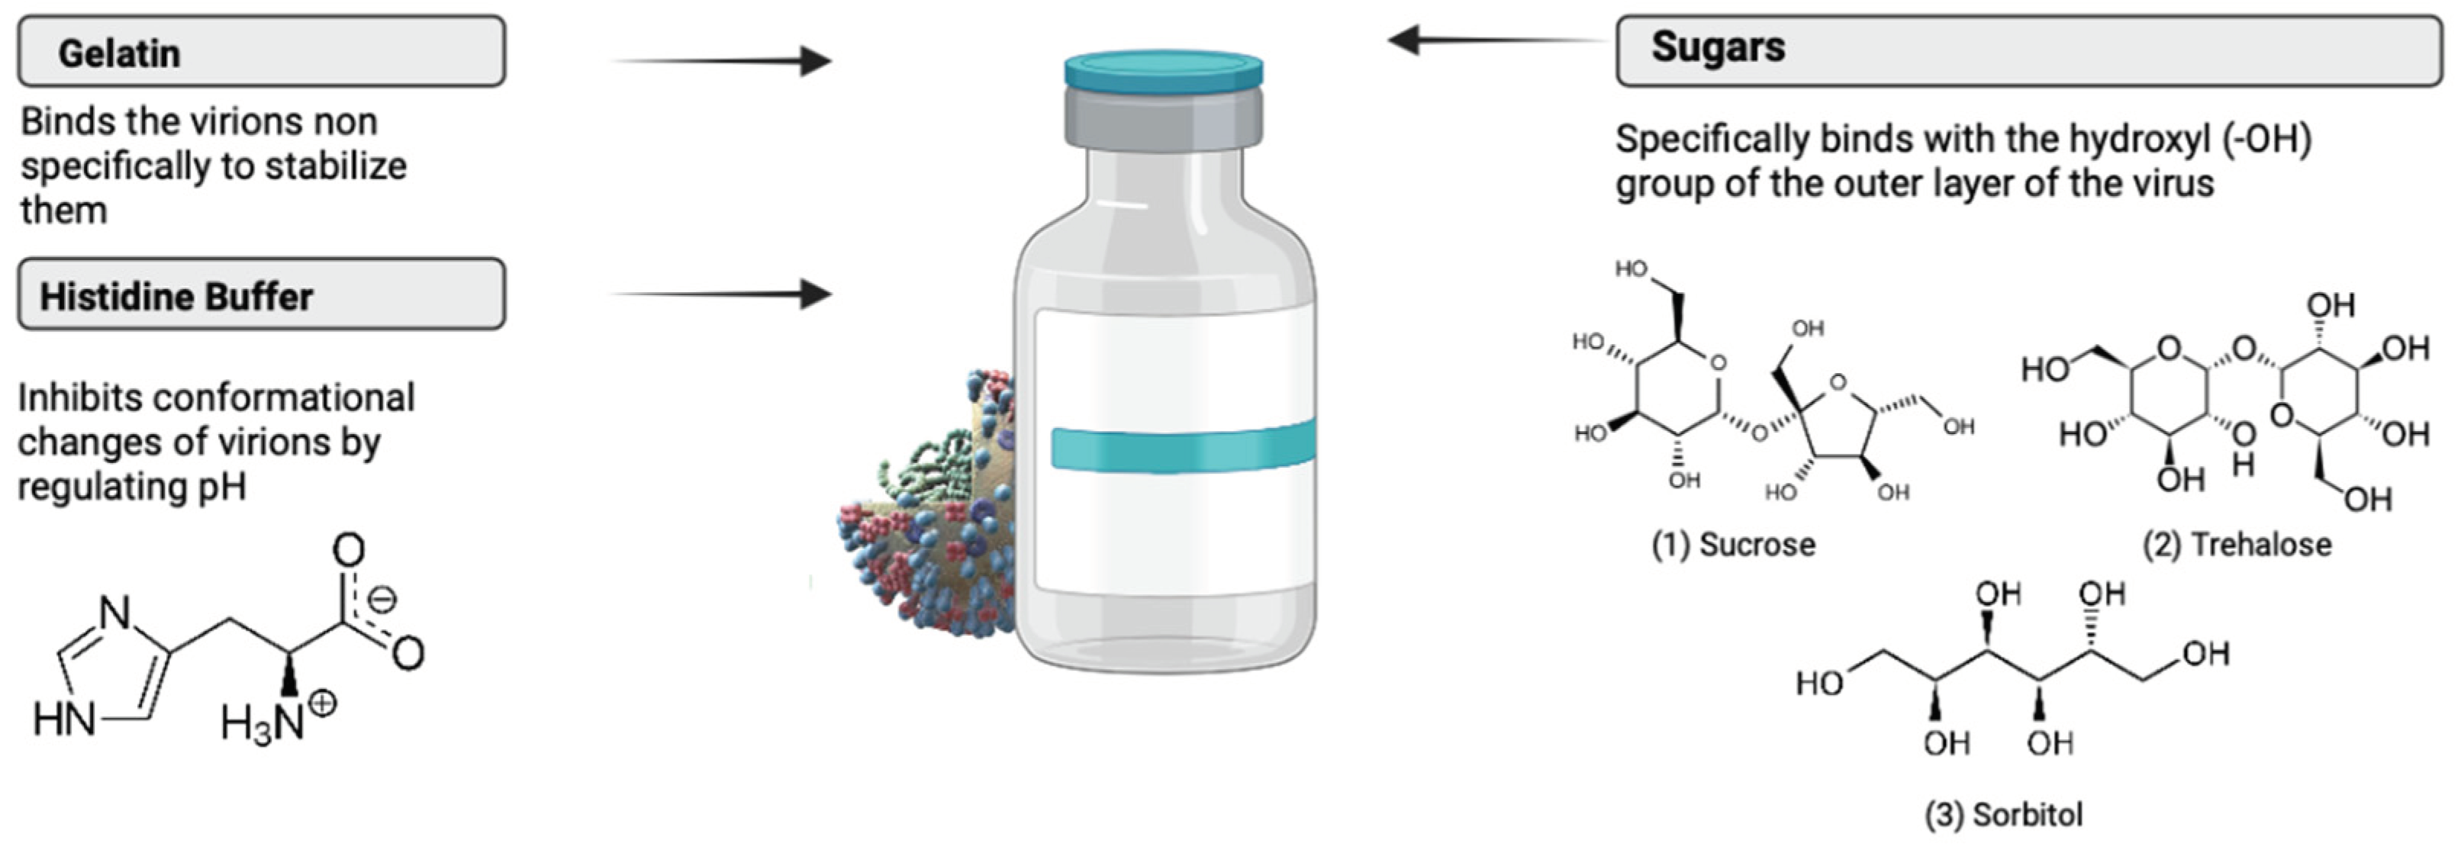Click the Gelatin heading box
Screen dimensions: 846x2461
coord(261,52)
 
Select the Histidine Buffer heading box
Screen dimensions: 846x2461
coord(261,294)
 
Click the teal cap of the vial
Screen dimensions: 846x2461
coord(1164,71)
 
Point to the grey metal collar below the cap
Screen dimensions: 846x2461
coord(1164,117)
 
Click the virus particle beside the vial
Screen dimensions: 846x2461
coord(926,516)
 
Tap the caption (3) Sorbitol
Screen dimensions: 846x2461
coord(2002,815)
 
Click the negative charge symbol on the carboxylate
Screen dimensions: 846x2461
coord(382,600)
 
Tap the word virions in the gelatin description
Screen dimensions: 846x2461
coord(250,122)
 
